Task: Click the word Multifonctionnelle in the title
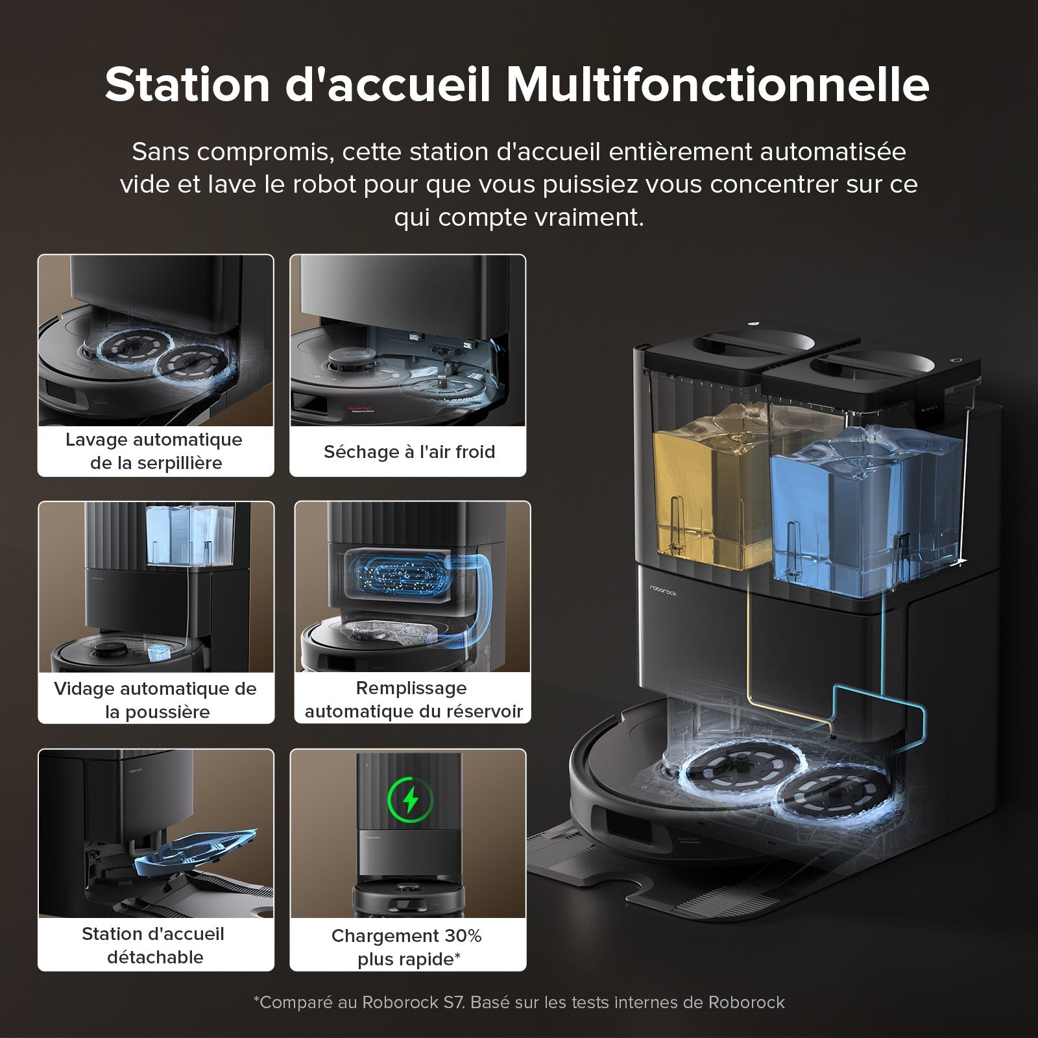click(x=717, y=84)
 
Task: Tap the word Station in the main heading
click(x=187, y=84)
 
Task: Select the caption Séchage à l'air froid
click(x=409, y=452)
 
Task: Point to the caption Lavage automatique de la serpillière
click(x=155, y=451)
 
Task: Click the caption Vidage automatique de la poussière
click(x=156, y=700)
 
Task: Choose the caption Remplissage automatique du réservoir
click(x=413, y=699)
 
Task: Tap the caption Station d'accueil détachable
click(x=154, y=945)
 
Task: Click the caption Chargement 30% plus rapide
click(x=407, y=947)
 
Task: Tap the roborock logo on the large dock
click(x=663, y=590)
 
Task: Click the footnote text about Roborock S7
click(x=519, y=1002)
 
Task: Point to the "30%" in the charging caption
click(x=463, y=935)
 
